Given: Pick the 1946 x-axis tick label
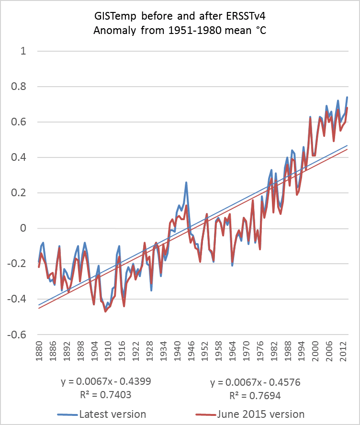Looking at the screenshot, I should click(190, 351).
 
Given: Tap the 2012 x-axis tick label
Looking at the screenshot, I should click(340, 351).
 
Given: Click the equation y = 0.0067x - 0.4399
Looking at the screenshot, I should click(111, 382).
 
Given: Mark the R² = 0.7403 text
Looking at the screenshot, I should click(111, 395).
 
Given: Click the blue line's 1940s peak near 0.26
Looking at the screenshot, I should click(186, 182).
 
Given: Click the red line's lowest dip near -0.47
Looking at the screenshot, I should click(105, 312).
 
